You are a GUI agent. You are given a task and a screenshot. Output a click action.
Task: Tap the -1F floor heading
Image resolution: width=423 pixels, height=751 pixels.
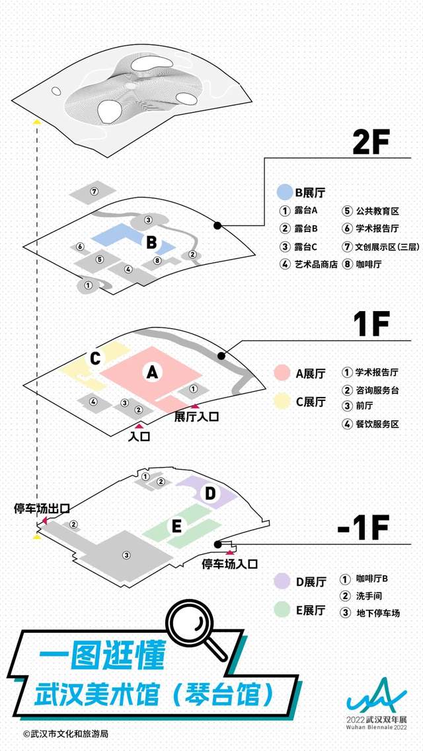point(363,528)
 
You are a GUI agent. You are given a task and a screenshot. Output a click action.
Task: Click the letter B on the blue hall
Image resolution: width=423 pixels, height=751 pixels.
point(151,243)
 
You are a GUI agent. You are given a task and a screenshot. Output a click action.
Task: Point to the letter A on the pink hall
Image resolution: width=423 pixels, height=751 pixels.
point(152,372)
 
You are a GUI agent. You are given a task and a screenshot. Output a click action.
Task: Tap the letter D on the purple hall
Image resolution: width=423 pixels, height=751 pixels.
point(211,494)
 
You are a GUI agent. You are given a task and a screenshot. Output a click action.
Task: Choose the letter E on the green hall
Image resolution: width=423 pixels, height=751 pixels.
point(176,527)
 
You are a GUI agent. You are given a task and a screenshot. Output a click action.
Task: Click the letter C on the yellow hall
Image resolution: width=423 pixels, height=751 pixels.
point(95,358)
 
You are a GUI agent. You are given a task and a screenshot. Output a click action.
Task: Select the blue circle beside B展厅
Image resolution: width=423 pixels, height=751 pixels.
point(285,193)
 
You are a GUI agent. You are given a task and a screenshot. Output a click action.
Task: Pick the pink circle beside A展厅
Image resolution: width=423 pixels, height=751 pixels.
point(282,373)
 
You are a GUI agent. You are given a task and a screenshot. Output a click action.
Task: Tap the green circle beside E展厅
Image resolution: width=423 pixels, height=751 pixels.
point(282,610)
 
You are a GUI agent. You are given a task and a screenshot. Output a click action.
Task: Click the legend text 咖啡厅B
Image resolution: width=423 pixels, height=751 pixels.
point(372,579)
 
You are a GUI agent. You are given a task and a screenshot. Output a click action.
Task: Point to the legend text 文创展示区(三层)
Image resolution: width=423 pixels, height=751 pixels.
point(387,247)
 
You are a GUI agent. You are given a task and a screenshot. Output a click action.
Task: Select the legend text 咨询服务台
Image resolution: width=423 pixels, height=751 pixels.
point(377,390)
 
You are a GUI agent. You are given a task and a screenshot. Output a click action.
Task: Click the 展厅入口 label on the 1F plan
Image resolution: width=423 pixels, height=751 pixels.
point(196,416)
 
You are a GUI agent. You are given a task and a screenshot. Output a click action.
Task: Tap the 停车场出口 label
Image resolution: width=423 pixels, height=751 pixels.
point(42,508)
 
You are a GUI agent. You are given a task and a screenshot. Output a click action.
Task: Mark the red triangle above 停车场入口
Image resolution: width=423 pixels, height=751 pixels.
point(230,553)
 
